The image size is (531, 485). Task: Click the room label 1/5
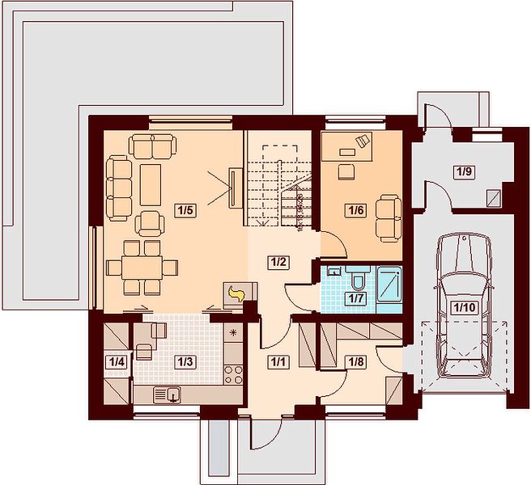click(185, 210)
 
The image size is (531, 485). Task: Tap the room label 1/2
click(278, 263)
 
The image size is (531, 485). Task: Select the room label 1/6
click(356, 210)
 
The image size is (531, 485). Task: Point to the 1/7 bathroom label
click(355, 298)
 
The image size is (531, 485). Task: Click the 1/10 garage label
click(465, 307)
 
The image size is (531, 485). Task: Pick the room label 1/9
click(465, 172)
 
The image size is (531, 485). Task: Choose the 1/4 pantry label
click(117, 362)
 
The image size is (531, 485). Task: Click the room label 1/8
click(356, 362)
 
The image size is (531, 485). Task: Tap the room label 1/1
click(278, 362)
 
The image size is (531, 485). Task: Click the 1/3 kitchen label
click(185, 362)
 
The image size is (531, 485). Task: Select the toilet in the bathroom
click(358, 280)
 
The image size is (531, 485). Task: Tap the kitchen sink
click(168, 395)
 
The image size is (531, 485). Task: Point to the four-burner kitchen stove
click(234, 375)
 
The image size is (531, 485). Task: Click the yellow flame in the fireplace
click(236, 293)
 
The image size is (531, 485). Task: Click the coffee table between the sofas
click(151, 184)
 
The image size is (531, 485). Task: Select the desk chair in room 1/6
click(346, 171)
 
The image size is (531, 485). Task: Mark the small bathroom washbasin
click(335, 272)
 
